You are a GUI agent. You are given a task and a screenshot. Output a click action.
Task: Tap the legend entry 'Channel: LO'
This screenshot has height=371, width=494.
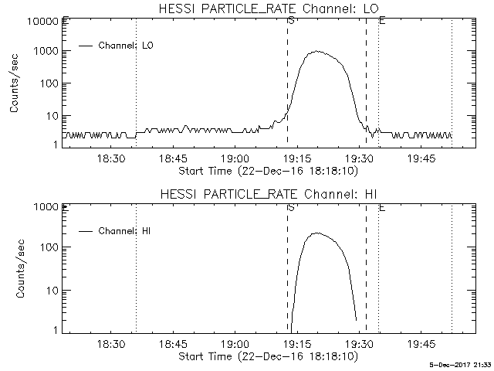(x=127, y=46)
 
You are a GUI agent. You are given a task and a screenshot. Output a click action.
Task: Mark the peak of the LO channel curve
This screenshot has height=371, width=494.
(x=316, y=52)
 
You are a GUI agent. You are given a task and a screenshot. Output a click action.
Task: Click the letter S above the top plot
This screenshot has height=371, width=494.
(x=290, y=20)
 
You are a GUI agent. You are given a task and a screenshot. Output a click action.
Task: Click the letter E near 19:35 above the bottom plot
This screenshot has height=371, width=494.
(x=382, y=207)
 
